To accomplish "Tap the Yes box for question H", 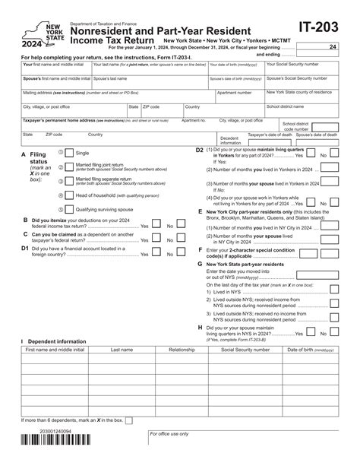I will coord(310,333).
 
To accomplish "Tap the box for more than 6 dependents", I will coord(128,420).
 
